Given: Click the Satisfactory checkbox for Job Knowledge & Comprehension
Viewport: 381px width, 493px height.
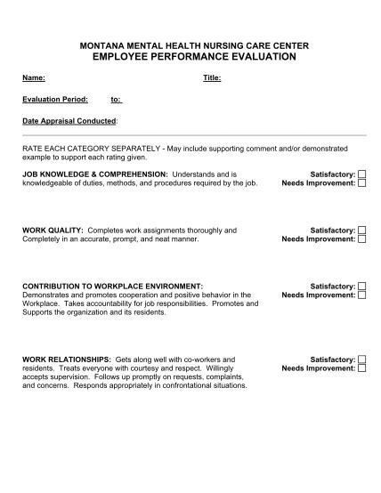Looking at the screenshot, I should [362, 174].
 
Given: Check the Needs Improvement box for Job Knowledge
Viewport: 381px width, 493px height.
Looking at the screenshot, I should [362, 183].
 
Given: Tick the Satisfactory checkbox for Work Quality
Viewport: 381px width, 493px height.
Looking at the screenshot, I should [362, 230].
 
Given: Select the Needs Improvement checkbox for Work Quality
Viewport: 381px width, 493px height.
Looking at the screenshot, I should [362, 239].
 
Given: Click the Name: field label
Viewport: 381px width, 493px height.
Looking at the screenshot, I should [34, 77].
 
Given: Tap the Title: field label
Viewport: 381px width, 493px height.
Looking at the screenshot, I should [212, 77].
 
